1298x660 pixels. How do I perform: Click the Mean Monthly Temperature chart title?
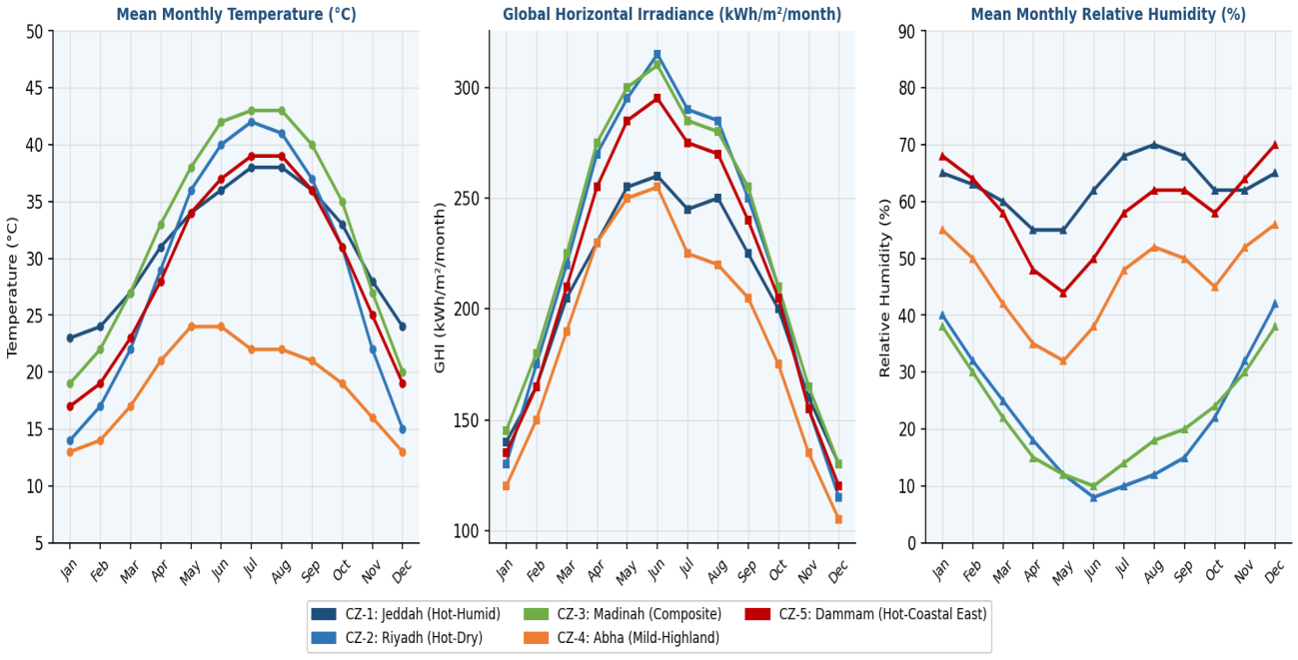click(237, 14)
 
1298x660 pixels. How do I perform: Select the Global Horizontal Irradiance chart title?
click(671, 14)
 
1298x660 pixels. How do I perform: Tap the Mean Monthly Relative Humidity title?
click(1108, 14)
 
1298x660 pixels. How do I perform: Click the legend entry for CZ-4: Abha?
click(622, 637)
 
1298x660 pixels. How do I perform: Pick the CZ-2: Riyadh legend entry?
click(397, 637)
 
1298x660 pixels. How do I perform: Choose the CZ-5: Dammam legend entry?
click(865, 614)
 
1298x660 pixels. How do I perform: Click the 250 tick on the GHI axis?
click(467, 198)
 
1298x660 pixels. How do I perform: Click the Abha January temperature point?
click(70, 452)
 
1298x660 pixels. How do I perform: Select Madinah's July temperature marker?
click(252, 111)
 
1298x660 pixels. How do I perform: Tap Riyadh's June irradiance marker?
click(657, 55)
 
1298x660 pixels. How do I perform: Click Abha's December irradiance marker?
click(838, 519)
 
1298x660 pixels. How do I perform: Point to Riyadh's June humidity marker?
click(1093, 497)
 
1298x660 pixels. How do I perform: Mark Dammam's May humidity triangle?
click(1063, 293)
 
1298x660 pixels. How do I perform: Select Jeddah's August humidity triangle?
click(1154, 145)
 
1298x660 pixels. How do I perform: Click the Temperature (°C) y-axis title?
click(12, 288)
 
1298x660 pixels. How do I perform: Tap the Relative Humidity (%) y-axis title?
click(884, 288)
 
